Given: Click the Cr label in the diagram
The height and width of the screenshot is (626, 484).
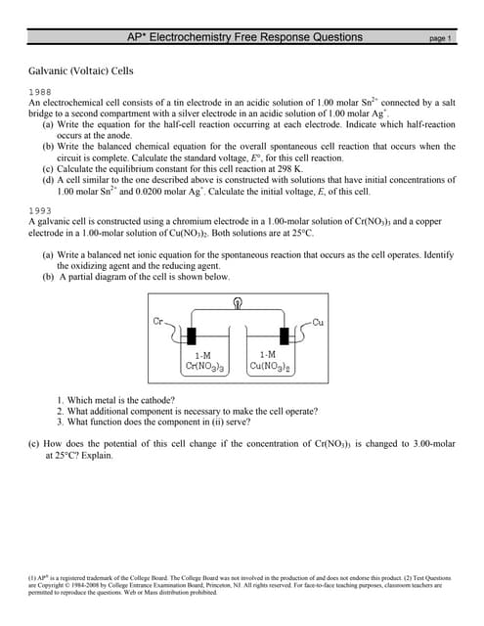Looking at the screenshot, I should click(x=158, y=322).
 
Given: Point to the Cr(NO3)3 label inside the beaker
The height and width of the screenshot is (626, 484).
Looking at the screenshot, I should click(x=207, y=367).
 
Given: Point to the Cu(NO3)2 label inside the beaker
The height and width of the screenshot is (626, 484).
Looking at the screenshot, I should click(x=266, y=367).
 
